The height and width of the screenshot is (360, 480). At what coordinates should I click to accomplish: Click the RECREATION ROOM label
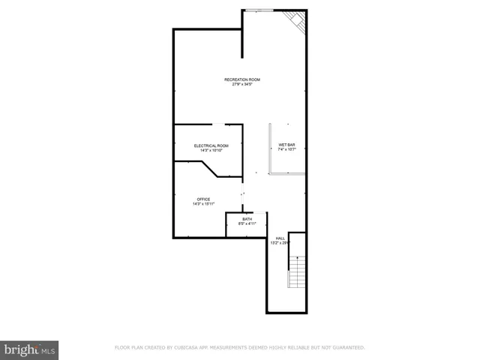[x=241, y=79]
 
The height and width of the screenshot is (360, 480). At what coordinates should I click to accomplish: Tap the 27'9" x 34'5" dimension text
[x=241, y=85]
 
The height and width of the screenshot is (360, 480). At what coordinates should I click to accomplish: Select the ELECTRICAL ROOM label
[x=211, y=145]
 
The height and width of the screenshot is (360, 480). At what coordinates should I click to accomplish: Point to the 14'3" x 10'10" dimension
[x=211, y=151]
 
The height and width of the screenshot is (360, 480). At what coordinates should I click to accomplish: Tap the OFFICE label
[x=203, y=199]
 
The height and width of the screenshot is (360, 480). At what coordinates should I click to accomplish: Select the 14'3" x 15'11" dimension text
[x=203, y=204]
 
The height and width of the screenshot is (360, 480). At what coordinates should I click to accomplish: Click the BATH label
[x=247, y=219]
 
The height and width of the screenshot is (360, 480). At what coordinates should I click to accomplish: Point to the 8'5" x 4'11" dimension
[x=247, y=224]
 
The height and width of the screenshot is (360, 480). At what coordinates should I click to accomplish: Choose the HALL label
[x=280, y=238]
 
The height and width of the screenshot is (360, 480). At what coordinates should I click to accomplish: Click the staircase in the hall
[x=297, y=271]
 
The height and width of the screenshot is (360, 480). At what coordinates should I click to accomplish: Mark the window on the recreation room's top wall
[x=259, y=10]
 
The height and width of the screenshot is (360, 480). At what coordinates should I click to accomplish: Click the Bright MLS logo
[x=30, y=349]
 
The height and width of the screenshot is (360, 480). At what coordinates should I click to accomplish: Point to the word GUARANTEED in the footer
[x=346, y=348]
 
